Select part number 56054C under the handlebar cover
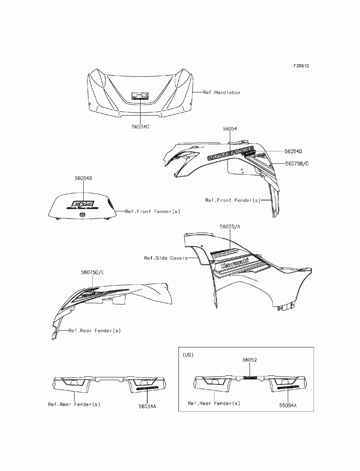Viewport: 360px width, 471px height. click(x=140, y=127)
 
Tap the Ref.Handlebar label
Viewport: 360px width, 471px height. click(x=221, y=92)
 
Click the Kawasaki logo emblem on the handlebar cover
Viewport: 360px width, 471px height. click(x=140, y=96)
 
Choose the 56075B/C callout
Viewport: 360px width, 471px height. click(x=297, y=163)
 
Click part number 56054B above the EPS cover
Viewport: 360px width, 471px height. click(x=83, y=178)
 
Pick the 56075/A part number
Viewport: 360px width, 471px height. click(x=230, y=227)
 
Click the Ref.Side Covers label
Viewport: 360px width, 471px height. click(x=166, y=258)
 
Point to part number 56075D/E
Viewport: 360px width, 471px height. click(x=92, y=272)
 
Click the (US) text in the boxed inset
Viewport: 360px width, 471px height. click(x=188, y=355)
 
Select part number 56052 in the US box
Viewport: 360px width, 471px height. click(x=249, y=359)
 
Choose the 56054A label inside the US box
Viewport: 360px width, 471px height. click(x=288, y=405)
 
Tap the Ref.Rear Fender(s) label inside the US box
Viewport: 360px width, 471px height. click(x=214, y=403)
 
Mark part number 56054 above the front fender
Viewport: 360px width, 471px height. click(x=230, y=129)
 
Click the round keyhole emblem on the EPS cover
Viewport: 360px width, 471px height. click(x=82, y=215)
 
